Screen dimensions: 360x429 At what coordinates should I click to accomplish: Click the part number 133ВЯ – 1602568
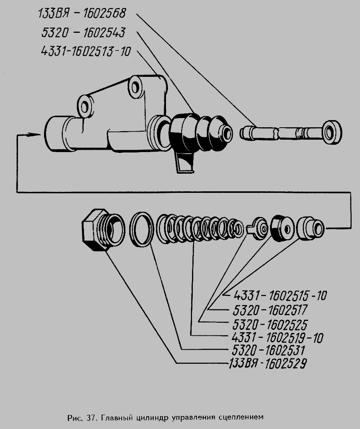(x=82, y=14)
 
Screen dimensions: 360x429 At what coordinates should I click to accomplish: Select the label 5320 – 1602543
(x=84, y=32)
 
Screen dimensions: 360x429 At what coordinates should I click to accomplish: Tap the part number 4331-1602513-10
(x=86, y=52)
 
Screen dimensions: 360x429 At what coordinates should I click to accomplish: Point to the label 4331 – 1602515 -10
(x=280, y=295)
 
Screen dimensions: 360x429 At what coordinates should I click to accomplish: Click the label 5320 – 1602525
(x=270, y=325)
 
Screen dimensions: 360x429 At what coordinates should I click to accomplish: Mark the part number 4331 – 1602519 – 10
(x=277, y=338)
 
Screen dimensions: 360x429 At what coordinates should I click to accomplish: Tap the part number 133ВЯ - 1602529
(x=268, y=364)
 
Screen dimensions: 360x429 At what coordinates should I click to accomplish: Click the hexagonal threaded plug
(x=102, y=230)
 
